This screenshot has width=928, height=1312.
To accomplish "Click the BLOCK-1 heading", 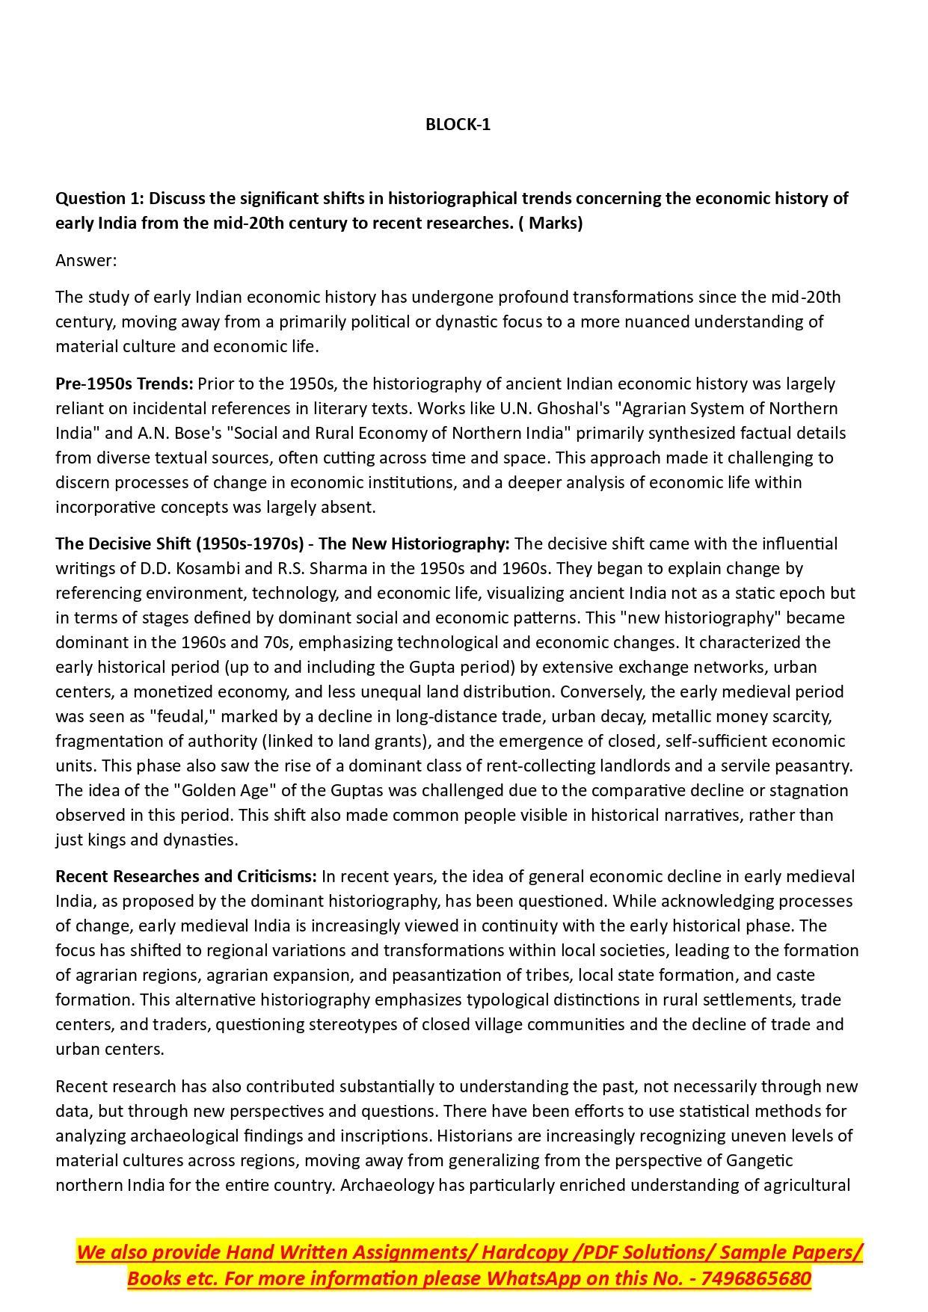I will tap(458, 125).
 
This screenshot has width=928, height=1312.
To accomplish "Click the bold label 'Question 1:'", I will tap(99, 198).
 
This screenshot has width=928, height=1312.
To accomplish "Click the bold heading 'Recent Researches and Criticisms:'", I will tap(186, 876).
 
